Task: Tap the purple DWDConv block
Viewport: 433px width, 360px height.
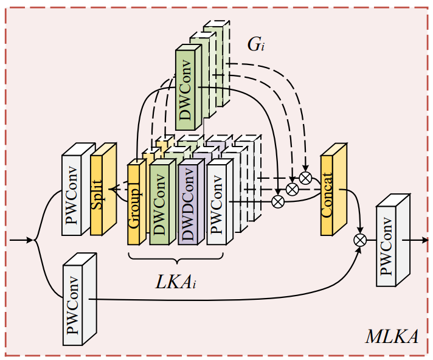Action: click(188, 204)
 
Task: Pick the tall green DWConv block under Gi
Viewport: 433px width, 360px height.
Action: click(185, 91)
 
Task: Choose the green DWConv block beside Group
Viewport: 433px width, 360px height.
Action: click(159, 204)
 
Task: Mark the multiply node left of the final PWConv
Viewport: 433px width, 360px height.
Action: click(360, 240)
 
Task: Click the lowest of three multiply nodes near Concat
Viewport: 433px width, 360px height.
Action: click(278, 200)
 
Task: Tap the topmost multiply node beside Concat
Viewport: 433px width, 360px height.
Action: click(305, 178)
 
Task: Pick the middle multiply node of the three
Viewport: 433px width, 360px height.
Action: click(292, 189)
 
